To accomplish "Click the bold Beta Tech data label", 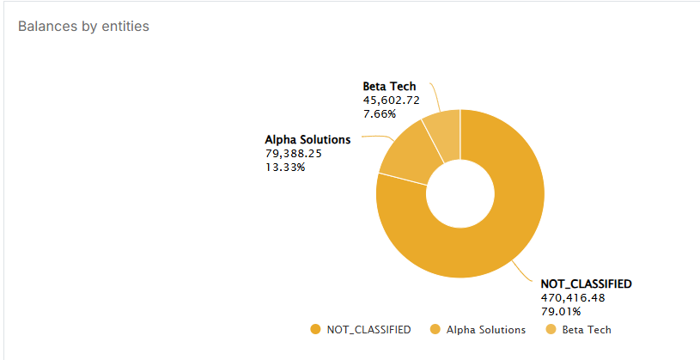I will [x=389, y=86].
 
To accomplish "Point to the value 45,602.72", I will [x=391, y=100].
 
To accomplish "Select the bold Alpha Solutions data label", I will [x=307, y=139].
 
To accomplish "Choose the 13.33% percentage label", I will [x=285, y=167].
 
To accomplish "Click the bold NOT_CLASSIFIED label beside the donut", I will [x=586, y=284].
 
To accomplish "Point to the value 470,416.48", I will [x=573, y=297].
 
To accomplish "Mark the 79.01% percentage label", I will [x=560, y=311].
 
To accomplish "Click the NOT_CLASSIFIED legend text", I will [x=368, y=329].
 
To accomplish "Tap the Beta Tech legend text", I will [x=587, y=329].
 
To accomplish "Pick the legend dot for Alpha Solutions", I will [x=435, y=329].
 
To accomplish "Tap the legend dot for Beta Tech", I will [x=552, y=329].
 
